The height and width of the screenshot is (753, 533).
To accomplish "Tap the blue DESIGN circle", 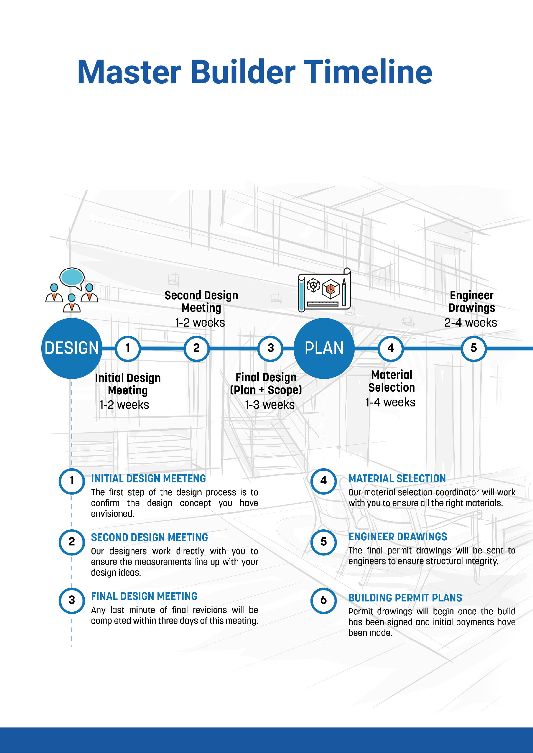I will (71, 348).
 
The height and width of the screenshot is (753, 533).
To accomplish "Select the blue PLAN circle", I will (324, 348).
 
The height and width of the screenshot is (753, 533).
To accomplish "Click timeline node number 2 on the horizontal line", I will (196, 348).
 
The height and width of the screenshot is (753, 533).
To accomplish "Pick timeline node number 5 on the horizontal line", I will (473, 348).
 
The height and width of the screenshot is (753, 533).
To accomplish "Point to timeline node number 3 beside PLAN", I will (271, 348).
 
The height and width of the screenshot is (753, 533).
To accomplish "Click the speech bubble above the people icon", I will (72, 277).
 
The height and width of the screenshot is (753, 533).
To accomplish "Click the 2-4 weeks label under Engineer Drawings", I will (470, 323).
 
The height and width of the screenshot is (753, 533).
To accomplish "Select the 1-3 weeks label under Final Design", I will (270, 405).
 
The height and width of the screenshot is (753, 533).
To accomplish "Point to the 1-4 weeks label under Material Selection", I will (390, 403).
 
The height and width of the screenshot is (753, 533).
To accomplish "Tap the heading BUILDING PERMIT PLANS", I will (405, 598).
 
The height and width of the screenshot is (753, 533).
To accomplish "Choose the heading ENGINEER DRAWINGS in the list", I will (397, 537).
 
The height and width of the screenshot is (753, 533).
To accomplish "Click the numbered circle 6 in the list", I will (324, 600).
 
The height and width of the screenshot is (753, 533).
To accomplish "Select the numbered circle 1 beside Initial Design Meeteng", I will (72, 481).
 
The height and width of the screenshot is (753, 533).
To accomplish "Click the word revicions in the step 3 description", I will (210, 610).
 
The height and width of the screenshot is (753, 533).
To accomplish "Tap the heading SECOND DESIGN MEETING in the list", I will (149, 537).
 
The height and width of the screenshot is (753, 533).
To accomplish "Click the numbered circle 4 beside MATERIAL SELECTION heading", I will (324, 481).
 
